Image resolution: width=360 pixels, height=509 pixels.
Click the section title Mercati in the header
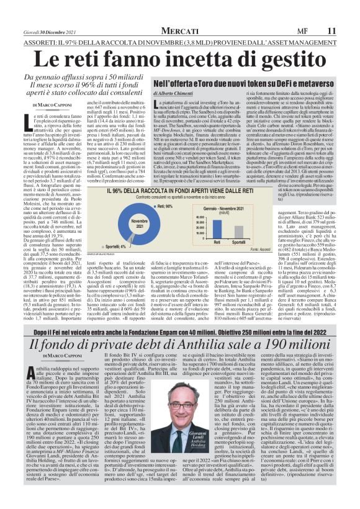coord(180,30)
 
